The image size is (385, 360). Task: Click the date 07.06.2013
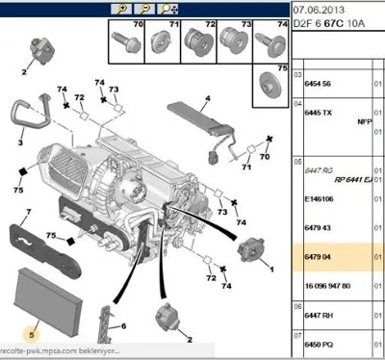click(x=317, y=11)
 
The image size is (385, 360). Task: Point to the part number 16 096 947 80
click(x=327, y=286)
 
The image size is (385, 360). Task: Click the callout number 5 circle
click(x=32, y=334)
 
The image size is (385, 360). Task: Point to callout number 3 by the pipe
click(x=20, y=141)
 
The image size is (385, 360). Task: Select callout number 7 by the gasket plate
click(x=28, y=210)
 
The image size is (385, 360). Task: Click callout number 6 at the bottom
click(x=124, y=326)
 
